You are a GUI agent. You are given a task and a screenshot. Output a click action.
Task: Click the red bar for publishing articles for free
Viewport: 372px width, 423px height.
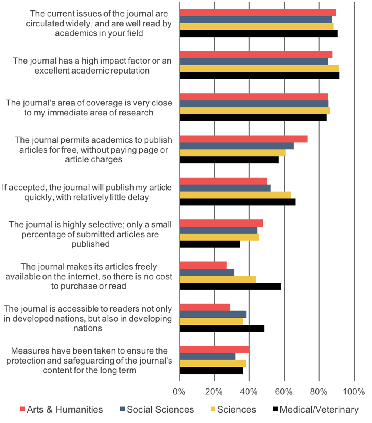coord(243,139)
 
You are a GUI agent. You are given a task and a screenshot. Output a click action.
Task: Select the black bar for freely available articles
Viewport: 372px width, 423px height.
coord(230,286)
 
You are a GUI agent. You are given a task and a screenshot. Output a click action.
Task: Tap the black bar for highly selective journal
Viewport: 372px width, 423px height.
coord(210,244)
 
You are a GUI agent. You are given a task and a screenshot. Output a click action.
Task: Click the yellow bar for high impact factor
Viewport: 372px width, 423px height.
coord(259,69)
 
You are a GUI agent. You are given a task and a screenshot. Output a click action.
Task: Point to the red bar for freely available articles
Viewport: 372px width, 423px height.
coord(203,265)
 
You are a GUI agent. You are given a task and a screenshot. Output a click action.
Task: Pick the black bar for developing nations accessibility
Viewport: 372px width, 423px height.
coord(222,329)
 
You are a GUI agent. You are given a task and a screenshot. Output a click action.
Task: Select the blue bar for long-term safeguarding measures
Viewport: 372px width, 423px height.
coord(208,357)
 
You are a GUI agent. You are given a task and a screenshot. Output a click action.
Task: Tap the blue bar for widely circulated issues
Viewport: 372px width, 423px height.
coord(256,19)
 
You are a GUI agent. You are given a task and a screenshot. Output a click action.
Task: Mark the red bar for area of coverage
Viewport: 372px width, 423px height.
coord(253,97)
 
